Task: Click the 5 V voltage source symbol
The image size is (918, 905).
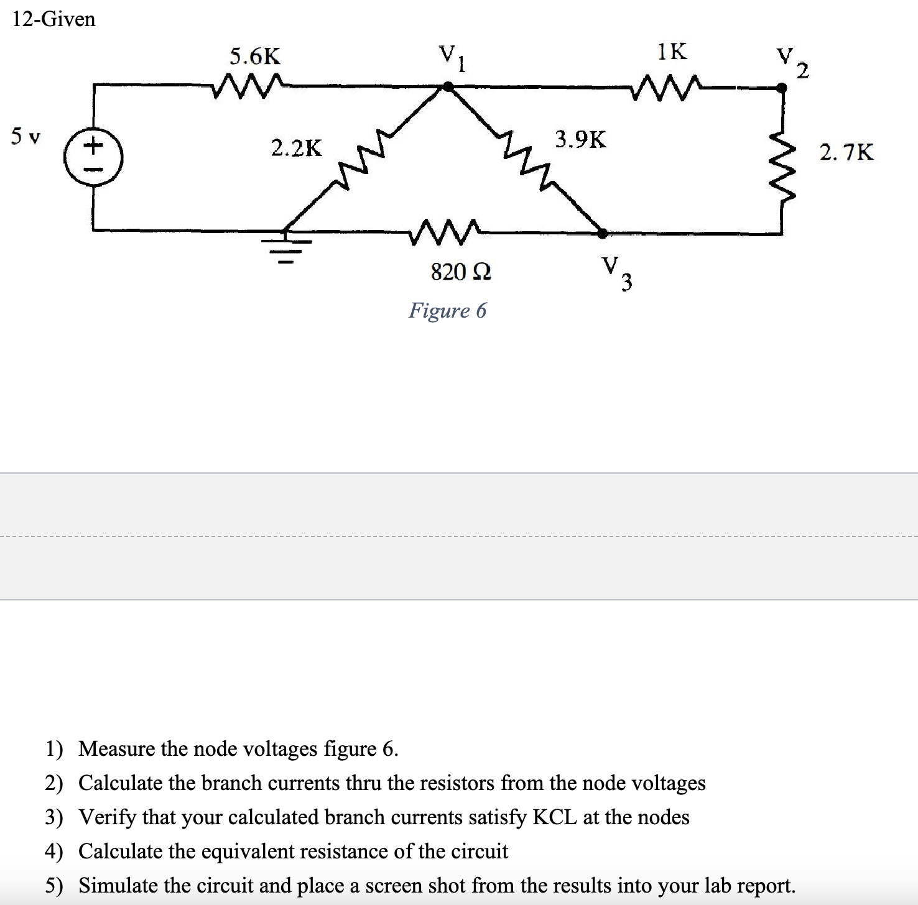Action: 94,155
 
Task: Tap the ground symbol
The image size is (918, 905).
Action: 285,246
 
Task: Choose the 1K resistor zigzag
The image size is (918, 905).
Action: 666,86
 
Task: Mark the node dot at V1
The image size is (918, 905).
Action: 447,88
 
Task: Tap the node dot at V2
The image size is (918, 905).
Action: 782,88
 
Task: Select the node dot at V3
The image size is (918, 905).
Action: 602,233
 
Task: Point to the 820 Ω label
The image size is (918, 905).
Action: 461,272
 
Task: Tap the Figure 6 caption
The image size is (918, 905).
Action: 447,310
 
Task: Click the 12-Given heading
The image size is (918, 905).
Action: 54,19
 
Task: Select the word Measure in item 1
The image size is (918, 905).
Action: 117,748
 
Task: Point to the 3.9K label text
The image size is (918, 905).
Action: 580,140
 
